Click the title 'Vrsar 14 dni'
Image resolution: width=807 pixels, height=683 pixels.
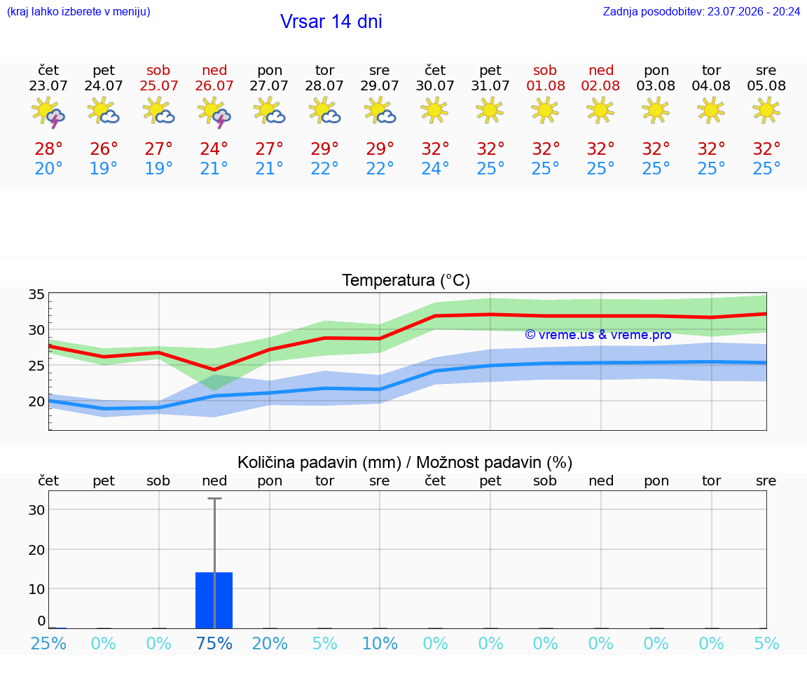[331, 22]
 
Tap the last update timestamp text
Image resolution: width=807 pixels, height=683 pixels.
[701, 12]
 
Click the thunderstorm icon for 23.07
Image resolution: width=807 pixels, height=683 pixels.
[48, 111]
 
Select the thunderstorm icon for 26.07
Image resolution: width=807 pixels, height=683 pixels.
[214, 111]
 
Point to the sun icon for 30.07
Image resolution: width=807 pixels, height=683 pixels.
[434, 110]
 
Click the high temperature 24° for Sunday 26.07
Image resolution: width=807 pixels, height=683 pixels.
[214, 149]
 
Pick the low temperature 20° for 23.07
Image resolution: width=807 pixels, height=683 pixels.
[48, 168]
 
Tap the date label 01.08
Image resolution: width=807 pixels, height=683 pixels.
[546, 86]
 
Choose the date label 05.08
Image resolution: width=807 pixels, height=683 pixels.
[766, 86]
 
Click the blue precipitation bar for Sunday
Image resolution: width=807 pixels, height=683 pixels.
[214, 600]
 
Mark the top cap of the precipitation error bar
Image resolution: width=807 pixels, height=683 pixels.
[214, 498]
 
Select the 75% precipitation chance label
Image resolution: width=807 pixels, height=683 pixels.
[214, 643]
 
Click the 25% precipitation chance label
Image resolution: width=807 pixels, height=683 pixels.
[48, 643]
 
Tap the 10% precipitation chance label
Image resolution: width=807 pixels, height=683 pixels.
[380, 643]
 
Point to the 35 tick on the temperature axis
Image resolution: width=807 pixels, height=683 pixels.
[36, 294]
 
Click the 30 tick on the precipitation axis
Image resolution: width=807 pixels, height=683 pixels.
[36, 509]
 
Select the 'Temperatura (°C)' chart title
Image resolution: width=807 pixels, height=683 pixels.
[406, 280]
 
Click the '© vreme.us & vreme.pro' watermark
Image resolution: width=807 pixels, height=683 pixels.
[598, 335]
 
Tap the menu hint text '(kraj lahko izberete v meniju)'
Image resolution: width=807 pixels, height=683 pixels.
[78, 12]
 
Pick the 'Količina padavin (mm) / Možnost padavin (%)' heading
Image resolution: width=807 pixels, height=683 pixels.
[405, 462]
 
